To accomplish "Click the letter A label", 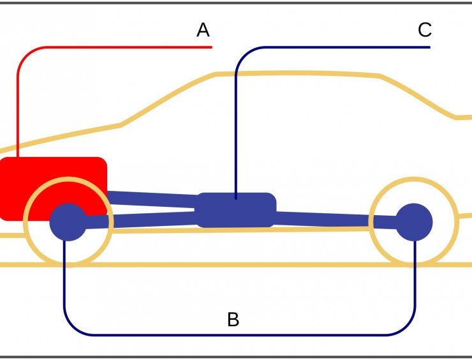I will pos(203,29).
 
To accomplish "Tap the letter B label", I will pos(233,319).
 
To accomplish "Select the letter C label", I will pos(425,29).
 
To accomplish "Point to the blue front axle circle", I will pos(67,221).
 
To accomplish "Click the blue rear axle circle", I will pos(415,221).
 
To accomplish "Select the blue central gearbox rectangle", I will pos(236,210).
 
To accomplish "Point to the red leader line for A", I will pos(115,48).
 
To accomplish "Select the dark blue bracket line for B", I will pos(236,334).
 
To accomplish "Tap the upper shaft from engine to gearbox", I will pos(153,198).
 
